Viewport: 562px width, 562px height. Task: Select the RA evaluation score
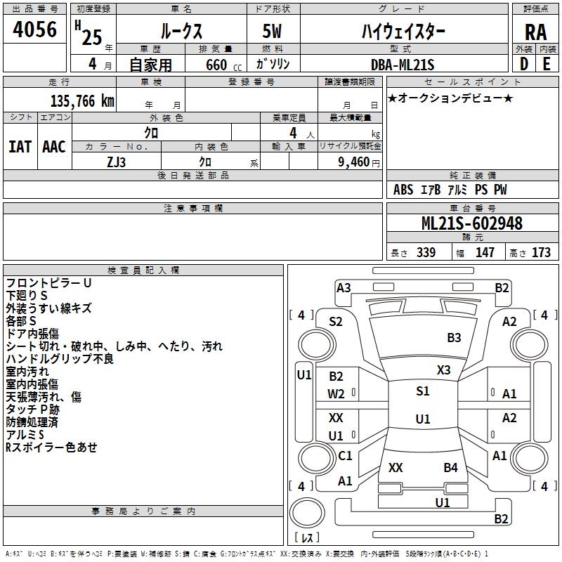point(535,32)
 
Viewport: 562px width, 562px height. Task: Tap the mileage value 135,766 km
point(83,101)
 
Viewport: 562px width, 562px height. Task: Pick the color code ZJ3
point(117,161)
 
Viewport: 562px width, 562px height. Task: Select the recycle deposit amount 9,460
point(353,162)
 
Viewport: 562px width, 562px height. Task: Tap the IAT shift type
point(20,147)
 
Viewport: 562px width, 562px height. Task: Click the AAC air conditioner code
point(54,147)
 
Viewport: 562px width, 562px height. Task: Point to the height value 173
point(541,252)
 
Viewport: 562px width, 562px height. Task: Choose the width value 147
point(485,252)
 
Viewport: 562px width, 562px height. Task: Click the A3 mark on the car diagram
point(344,287)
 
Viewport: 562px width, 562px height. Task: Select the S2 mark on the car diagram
point(336,322)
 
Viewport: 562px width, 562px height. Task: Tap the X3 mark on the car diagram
point(444,370)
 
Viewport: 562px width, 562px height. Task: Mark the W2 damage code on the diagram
point(336,394)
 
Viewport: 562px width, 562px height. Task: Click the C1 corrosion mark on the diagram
point(345,456)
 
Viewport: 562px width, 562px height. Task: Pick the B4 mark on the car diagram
point(450,467)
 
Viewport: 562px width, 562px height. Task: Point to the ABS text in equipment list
point(403,190)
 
